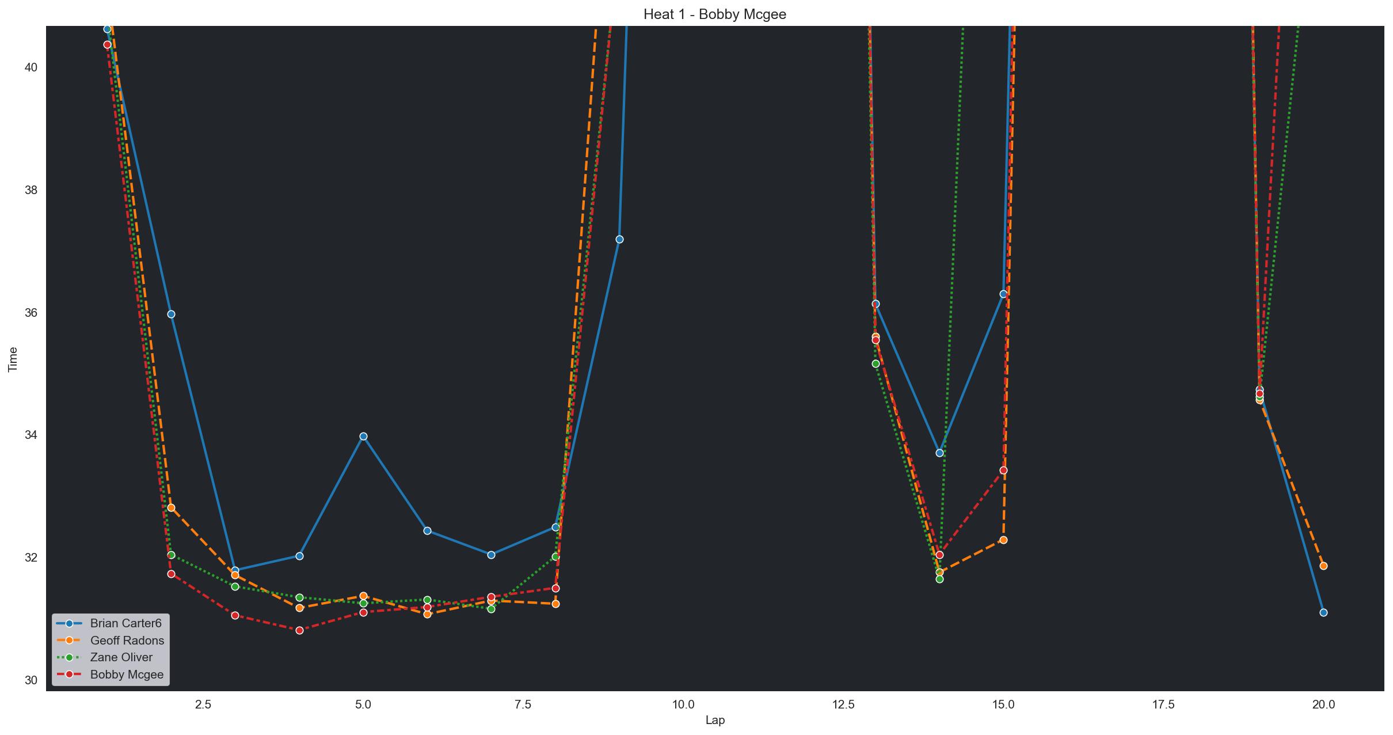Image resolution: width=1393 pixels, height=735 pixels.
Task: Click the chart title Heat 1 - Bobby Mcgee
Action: [x=714, y=14]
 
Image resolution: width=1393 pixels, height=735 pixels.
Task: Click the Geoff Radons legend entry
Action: [x=127, y=641]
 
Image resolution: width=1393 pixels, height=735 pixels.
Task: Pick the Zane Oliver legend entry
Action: [x=121, y=657]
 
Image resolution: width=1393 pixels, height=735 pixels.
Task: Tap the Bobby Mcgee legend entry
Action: [x=127, y=675]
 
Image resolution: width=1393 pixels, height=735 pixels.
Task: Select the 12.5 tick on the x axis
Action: [x=843, y=704]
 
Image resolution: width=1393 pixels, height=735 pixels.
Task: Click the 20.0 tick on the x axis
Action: [x=1323, y=704]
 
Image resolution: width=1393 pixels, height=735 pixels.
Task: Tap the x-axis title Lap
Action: [x=714, y=721]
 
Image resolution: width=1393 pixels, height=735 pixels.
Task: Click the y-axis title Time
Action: [x=13, y=359]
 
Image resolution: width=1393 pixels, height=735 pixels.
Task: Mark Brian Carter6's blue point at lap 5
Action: [x=363, y=436]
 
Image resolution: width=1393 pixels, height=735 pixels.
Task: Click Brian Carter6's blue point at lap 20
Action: [x=1323, y=612]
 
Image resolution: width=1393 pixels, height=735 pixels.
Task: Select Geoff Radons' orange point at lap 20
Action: [x=1323, y=566]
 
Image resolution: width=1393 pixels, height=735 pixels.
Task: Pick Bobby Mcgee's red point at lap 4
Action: [x=299, y=630]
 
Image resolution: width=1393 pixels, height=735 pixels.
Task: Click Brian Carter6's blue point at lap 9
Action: [x=619, y=239]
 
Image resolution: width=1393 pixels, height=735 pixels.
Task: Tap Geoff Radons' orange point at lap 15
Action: [x=1003, y=540]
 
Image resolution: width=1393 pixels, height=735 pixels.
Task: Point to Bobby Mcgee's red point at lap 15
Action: [x=1003, y=470]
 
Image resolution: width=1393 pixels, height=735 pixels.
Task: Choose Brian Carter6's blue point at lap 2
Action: [x=171, y=314]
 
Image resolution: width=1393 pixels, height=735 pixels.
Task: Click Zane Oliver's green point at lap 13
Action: [x=876, y=363]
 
